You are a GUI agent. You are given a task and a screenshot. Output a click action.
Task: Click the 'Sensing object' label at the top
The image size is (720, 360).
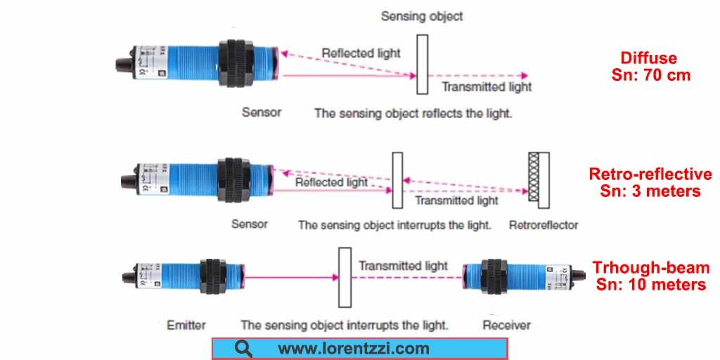pos(422,15)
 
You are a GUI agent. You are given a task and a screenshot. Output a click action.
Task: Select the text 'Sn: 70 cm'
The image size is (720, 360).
pos(650,75)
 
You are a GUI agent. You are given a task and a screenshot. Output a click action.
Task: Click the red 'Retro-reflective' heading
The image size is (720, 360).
pos(650,174)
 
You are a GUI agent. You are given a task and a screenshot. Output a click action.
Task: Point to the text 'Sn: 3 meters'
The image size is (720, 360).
pos(650,191)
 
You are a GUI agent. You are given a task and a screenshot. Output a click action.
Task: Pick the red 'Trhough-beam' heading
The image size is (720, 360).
pos(650,268)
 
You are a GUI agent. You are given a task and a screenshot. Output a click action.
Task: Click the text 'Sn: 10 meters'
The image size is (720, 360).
pos(650,284)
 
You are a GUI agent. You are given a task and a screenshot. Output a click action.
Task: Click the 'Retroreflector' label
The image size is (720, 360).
pos(543,225)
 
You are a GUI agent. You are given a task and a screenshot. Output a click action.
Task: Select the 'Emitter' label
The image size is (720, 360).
pos(186,325)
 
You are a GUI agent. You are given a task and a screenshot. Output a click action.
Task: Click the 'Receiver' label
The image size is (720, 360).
pos(506,325)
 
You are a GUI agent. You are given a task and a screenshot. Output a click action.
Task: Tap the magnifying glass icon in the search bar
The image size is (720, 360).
pos(244,348)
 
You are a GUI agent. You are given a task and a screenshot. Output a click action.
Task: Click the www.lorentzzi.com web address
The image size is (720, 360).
pos(353,348)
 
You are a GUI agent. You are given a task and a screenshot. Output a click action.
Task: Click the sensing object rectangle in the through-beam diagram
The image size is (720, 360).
pos(345,277)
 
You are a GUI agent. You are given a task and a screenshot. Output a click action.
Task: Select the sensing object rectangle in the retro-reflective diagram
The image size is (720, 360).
pos(398,180)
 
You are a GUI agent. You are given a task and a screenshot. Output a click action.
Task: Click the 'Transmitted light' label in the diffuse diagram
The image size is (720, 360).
pos(487,86)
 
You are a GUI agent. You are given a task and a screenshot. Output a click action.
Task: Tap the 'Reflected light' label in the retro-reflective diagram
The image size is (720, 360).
pos(331,182)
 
